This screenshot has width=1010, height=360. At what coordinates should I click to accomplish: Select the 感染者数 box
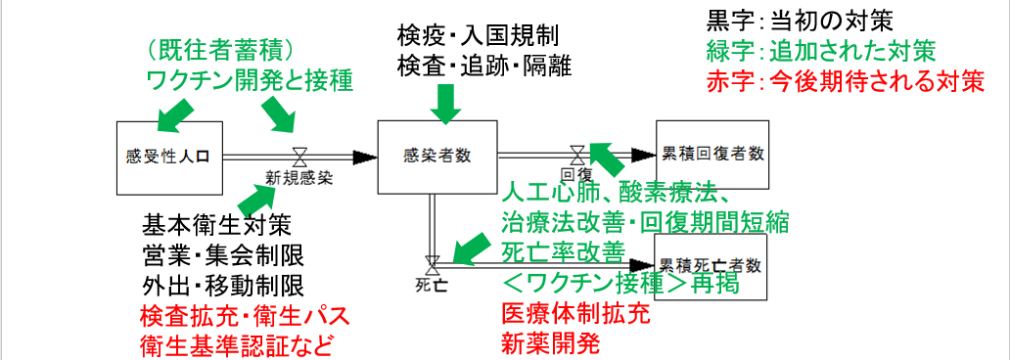(x=437, y=157)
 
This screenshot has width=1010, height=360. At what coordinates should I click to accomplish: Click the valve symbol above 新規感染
(x=299, y=157)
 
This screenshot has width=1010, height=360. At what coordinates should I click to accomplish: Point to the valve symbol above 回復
(x=578, y=154)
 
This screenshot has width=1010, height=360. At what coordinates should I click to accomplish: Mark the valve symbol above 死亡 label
(x=431, y=263)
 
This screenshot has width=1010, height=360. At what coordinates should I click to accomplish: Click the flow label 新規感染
(x=299, y=179)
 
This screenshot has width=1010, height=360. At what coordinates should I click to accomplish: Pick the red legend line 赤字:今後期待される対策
(x=844, y=81)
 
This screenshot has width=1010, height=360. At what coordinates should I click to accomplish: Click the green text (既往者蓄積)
(x=221, y=48)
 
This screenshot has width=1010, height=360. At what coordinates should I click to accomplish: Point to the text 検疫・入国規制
(x=478, y=36)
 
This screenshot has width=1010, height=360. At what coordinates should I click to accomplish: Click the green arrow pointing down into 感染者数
(x=445, y=102)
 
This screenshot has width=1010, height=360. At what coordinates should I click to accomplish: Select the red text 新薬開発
(x=549, y=343)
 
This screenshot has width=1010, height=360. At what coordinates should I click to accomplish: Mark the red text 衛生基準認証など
(x=238, y=345)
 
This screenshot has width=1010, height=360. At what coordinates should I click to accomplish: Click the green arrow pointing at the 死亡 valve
(x=469, y=249)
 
